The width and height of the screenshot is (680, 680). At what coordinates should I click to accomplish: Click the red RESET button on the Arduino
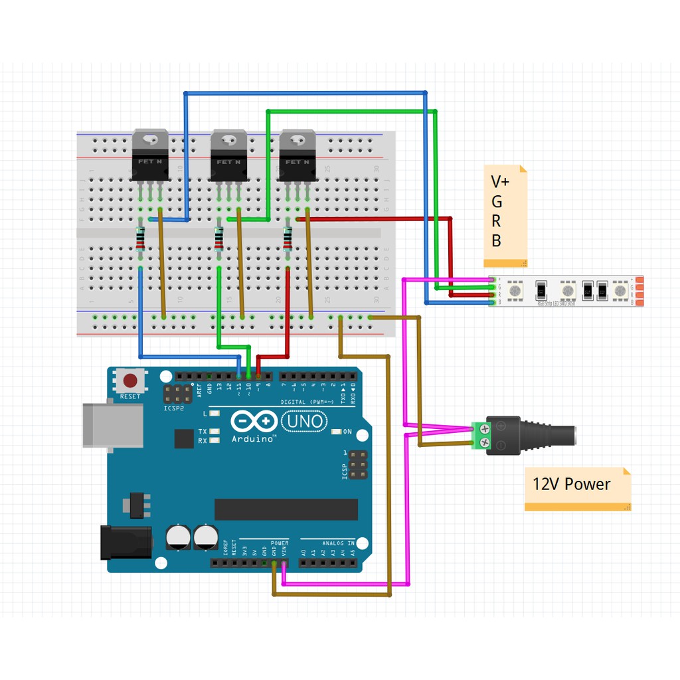coord(130,381)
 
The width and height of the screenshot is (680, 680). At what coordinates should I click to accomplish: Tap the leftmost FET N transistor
coord(150,156)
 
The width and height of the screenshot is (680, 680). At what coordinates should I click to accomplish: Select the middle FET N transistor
coord(229,156)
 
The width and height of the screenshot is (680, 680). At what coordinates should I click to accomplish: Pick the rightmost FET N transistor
coord(297,156)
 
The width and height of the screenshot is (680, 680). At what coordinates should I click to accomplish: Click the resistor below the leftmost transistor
coord(140,238)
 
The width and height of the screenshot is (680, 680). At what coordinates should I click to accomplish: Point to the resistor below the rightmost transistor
coord(288,238)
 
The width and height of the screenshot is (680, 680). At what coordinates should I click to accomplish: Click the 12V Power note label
coord(571,484)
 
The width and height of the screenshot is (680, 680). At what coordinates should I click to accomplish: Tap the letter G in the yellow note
coord(497,202)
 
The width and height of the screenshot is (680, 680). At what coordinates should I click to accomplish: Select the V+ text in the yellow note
coord(500,182)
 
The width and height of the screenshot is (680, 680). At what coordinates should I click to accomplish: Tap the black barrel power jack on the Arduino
coord(125,542)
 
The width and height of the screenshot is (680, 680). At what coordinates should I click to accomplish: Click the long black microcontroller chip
coord(286,509)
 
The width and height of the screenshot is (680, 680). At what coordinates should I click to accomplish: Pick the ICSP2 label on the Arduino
coord(174,408)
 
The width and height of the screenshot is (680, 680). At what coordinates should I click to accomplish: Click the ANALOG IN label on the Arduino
coord(339,543)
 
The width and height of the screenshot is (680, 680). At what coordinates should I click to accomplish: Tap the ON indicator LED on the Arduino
coord(337,432)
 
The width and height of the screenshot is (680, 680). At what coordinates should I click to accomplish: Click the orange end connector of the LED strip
coord(638,292)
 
